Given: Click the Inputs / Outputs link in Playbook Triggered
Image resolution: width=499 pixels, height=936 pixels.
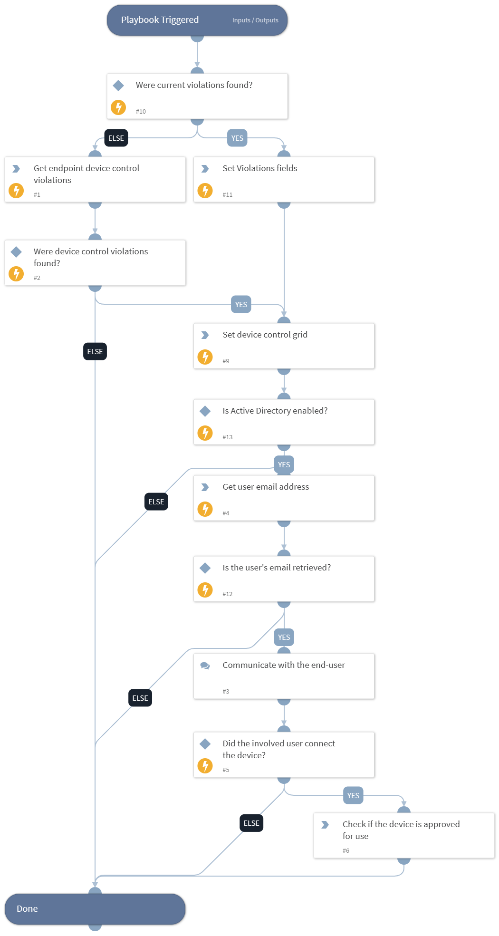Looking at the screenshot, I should point(255,20).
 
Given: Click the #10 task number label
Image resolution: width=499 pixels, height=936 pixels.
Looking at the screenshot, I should point(141,112).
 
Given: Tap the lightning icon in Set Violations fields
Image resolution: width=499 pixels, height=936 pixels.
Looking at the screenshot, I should point(205,191).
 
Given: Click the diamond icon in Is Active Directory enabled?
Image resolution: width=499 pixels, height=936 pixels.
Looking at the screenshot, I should point(205,411).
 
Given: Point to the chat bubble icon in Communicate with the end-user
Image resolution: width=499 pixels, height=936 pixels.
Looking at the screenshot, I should point(205,666).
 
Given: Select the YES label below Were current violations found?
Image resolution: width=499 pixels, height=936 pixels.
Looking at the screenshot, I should point(237,138).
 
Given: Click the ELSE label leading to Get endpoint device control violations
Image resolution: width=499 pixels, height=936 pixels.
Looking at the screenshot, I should point(116,138).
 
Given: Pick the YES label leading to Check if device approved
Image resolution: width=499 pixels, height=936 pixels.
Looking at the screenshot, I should point(353,795).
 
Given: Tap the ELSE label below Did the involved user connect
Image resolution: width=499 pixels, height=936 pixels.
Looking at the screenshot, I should point(251,823).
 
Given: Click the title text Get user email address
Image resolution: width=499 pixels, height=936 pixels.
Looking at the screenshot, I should point(266,487).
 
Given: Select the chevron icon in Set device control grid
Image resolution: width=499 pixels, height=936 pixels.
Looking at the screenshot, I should point(205,335).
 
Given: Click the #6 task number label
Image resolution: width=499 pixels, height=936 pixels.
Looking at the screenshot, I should point(346,851).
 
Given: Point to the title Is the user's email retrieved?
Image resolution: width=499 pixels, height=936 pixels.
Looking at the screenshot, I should point(277,568).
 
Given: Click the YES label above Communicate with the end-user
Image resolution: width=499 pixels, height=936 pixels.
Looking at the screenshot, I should point(284,637).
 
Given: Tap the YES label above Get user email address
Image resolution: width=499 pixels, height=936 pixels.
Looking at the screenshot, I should point(284,464).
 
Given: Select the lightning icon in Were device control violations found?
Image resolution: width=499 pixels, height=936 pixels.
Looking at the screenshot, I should point(17,274).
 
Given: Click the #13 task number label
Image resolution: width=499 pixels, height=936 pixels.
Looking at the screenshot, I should point(228,437).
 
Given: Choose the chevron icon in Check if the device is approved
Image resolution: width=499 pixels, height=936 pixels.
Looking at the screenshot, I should point(325,825).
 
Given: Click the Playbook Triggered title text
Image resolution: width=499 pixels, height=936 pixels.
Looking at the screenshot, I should point(160,20).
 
